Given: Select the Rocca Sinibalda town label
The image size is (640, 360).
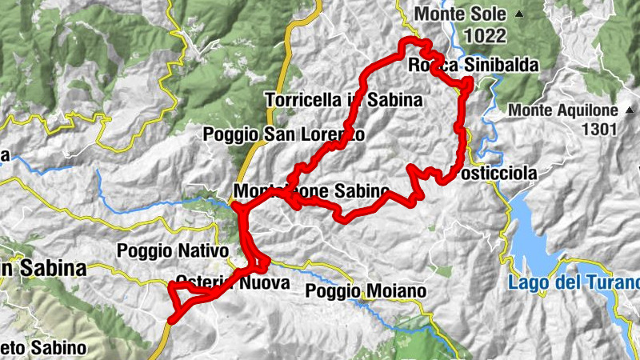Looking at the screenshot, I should [x=473, y=65].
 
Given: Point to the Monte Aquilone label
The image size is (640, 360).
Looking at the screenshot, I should [x=565, y=110].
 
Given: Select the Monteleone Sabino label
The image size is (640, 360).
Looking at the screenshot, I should [x=311, y=192].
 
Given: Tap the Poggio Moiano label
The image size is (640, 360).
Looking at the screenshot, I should [x=366, y=291].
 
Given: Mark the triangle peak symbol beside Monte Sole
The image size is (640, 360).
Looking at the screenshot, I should [x=518, y=14].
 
